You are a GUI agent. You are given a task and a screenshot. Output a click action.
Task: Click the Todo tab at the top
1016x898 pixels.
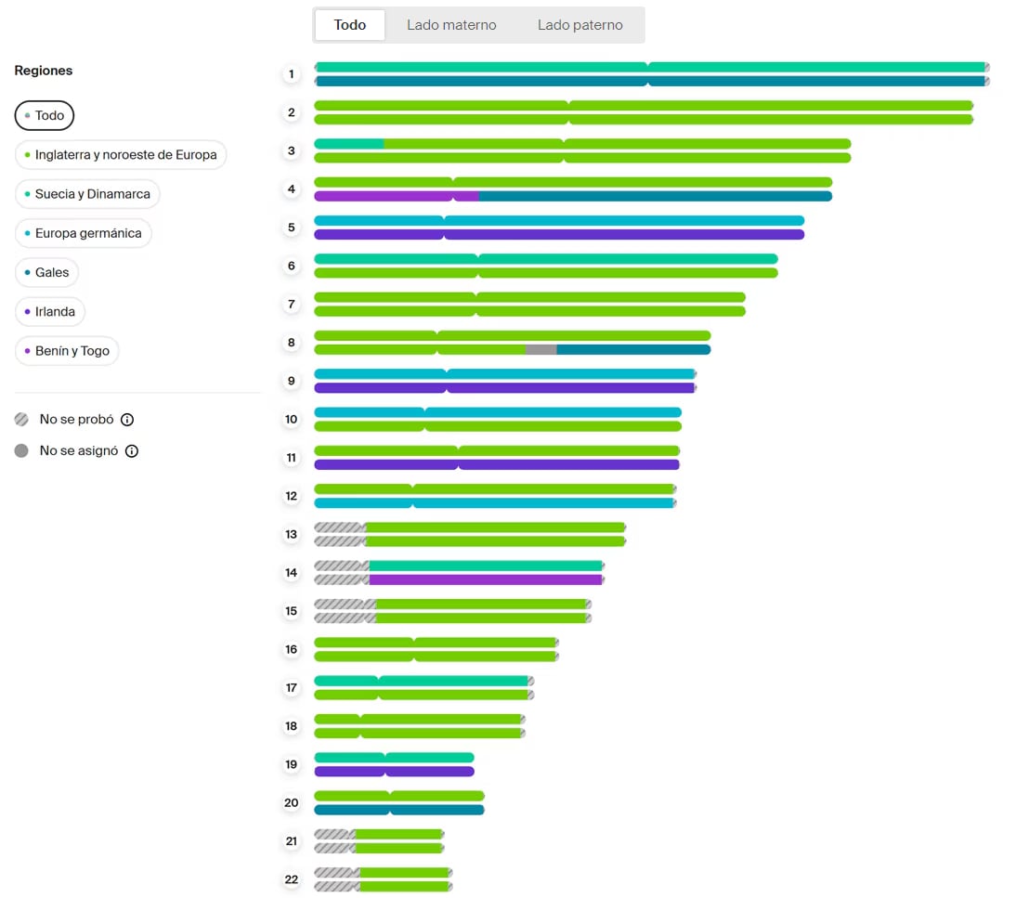point(350,25)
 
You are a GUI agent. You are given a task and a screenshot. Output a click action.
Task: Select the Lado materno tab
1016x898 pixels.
point(451,25)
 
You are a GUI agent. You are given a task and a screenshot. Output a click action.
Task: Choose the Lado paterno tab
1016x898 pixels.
point(580,25)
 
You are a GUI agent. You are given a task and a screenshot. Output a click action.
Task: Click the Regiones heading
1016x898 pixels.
point(44,71)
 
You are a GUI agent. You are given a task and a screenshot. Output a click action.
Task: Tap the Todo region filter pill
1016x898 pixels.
point(44,115)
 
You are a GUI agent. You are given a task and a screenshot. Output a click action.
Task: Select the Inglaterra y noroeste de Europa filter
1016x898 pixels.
point(121,155)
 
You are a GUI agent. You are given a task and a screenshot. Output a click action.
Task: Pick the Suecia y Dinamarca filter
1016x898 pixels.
point(86,194)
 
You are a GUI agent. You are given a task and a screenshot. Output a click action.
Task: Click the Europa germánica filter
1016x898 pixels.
point(83,233)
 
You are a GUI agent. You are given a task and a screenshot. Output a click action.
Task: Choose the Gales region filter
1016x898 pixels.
point(46,272)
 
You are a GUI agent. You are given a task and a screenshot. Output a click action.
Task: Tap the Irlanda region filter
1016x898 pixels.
point(49,312)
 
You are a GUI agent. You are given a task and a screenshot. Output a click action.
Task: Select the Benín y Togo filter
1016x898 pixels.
point(67,350)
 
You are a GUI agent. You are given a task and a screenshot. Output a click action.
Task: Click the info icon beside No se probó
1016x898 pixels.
point(127,420)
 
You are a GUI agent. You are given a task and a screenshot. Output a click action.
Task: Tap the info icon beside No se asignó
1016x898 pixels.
point(132,451)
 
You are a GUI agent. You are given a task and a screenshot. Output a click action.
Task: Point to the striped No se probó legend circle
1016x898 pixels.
point(21,419)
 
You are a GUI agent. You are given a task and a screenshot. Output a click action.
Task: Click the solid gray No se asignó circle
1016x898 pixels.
point(21,450)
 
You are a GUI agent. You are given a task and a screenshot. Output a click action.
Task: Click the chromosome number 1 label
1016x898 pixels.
point(292,74)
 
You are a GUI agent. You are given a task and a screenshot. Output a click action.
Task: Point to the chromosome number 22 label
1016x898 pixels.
point(292,879)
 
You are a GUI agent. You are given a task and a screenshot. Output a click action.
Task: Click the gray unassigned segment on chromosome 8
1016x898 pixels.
point(541,350)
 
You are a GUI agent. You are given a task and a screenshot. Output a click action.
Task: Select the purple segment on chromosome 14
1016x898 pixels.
point(486,579)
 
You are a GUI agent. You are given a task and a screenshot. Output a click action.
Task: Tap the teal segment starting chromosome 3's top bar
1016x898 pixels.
point(349,144)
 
